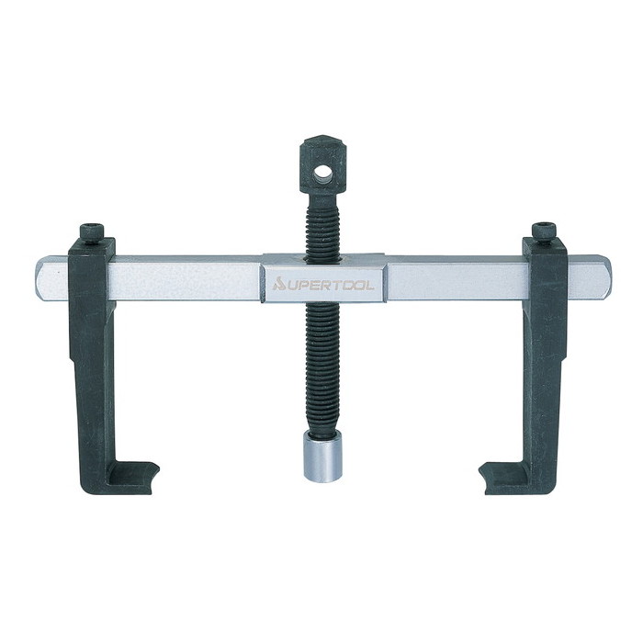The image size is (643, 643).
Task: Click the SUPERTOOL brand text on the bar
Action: [323, 284]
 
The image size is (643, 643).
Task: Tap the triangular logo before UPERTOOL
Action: [278, 284]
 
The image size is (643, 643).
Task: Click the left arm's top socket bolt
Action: [92, 234]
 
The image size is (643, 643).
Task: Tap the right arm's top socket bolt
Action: [544, 233]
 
